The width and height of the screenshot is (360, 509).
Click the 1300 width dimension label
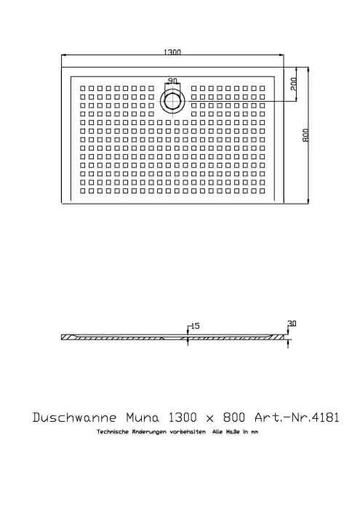pyautogui.click(x=172, y=52)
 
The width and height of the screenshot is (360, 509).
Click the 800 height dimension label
pyautogui.click(x=305, y=135)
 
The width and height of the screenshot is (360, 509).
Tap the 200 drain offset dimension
pyautogui.click(x=293, y=84)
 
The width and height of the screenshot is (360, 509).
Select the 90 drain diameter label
pyautogui.click(x=172, y=81)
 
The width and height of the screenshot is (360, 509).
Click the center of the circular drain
pyautogui.click(x=172, y=101)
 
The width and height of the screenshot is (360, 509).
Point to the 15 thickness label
pyautogui.click(x=195, y=326)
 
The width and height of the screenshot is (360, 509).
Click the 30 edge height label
pyautogui.click(x=292, y=324)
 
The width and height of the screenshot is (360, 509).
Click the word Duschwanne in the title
pyautogui.click(x=74, y=417)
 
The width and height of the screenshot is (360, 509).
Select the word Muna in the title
pyautogui.click(x=143, y=417)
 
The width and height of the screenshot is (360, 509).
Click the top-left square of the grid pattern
pyautogui.click(x=82, y=88)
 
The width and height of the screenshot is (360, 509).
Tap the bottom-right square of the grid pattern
pyautogui.click(x=263, y=191)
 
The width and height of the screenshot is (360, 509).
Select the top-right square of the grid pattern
pyautogui.click(x=263, y=88)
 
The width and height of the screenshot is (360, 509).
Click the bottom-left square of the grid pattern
pyautogui.click(x=82, y=191)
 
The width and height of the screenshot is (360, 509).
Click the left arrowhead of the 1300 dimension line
pyautogui.click(x=64, y=55)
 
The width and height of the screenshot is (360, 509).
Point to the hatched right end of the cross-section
pyautogui.click(x=279, y=337)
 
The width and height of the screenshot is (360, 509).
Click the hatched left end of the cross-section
pyautogui.click(x=68, y=337)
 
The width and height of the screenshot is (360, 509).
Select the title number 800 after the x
pyautogui.click(x=233, y=417)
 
